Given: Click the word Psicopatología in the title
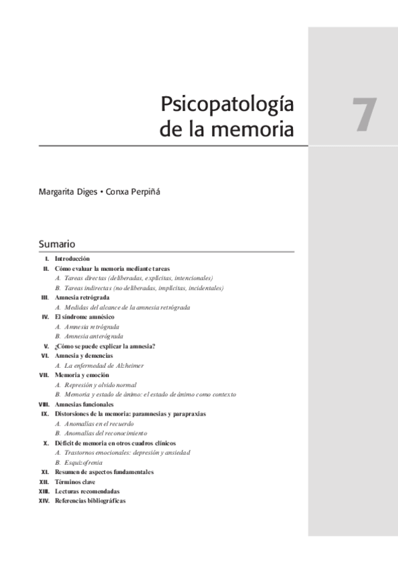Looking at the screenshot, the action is tap(227, 106).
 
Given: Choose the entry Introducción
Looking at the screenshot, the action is tap(72, 258).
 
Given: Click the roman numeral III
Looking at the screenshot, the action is tap(45, 298).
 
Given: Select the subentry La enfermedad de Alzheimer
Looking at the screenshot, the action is tap(100, 365).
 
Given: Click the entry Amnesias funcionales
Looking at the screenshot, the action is tap(84, 404).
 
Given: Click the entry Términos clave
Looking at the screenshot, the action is tap(76, 481).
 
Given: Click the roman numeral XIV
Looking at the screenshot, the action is tap(45, 501).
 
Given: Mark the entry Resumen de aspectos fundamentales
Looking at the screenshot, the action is tap(104, 472).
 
